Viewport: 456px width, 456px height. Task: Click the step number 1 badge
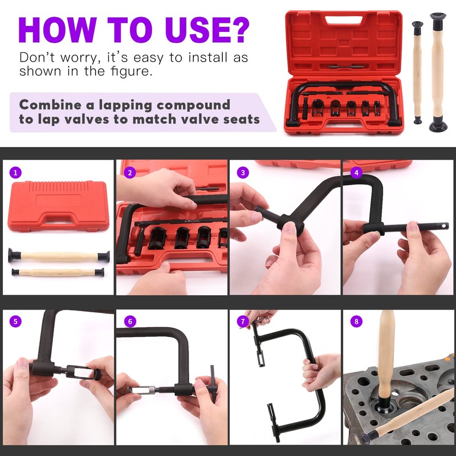pos(16,172)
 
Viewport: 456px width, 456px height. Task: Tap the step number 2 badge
pos(129,172)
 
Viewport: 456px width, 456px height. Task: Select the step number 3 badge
pos(243,172)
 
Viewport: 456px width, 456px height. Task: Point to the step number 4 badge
pos(356,172)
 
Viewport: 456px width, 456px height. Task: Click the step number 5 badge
pos(16,321)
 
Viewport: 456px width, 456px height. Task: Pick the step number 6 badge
pos(129,321)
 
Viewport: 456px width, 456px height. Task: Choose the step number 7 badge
pos(243,321)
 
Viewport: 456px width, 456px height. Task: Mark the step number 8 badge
pos(356,321)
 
